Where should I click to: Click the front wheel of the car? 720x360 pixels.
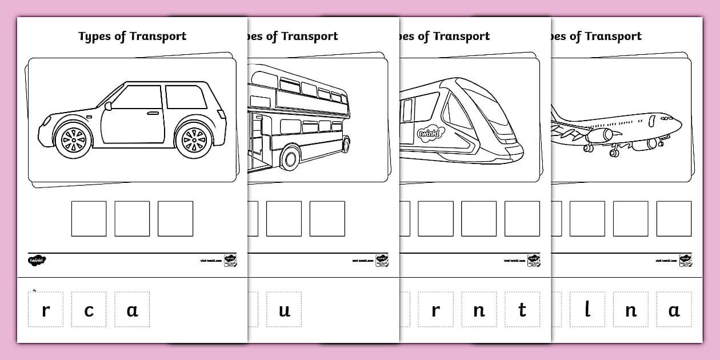click(x=73, y=139)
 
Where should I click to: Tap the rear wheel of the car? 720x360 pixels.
click(x=194, y=139)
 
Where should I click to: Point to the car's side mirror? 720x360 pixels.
click(x=108, y=105)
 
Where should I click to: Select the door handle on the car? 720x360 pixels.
click(x=153, y=113)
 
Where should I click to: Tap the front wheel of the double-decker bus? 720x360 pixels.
click(x=291, y=157)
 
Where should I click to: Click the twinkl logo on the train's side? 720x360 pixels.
click(x=428, y=132)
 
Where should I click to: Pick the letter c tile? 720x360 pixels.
click(x=89, y=310)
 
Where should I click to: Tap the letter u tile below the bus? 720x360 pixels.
click(x=284, y=310)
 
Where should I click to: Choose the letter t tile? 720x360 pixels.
click(x=522, y=310)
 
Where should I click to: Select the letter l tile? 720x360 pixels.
click(x=587, y=310)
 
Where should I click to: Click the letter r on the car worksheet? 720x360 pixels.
click(x=46, y=310)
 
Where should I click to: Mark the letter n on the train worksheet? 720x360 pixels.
click(x=479, y=310)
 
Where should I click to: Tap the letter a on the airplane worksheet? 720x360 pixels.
click(x=674, y=310)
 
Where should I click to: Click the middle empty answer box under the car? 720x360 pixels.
click(x=132, y=218)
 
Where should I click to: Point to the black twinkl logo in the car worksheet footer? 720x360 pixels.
click(x=37, y=261)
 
